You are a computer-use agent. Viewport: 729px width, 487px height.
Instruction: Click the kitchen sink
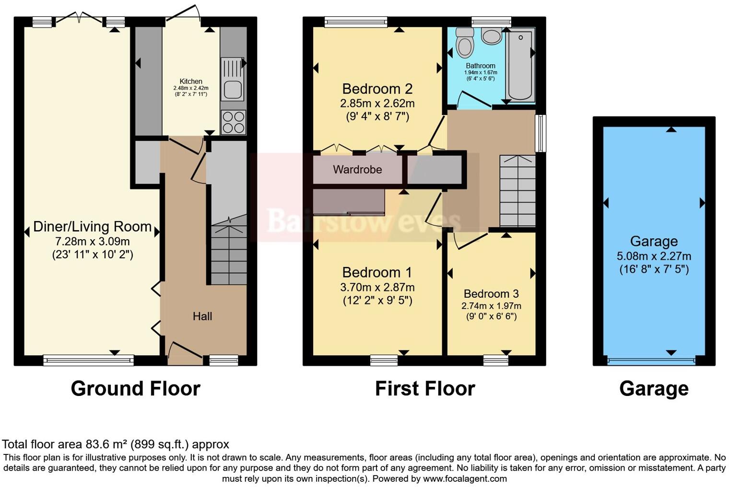pos(233,89)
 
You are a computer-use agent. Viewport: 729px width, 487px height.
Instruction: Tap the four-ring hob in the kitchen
pos(233,122)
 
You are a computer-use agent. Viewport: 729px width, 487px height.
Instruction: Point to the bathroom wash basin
pos(491,35)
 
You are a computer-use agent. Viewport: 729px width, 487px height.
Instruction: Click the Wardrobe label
pos(357,169)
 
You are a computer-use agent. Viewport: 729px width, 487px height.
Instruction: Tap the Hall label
pos(202,316)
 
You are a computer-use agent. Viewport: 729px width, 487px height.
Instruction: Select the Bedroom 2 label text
pos(377,89)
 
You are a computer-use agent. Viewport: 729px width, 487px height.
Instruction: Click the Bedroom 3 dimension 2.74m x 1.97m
pos(491,306)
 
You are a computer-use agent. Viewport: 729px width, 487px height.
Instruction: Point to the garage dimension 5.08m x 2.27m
pos(654,256)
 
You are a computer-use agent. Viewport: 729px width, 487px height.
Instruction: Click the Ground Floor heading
pos(135,388)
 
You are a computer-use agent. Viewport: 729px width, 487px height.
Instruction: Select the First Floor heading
pos(424,388)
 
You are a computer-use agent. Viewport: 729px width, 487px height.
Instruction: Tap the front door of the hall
pos(184,350)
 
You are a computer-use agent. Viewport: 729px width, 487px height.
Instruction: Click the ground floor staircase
pos(229,252)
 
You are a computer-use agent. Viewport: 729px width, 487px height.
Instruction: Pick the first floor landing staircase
pos(517,192)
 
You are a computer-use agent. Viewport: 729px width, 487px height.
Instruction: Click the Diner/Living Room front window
pos(88,359)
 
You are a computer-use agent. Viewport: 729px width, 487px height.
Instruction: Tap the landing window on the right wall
pos(541,133)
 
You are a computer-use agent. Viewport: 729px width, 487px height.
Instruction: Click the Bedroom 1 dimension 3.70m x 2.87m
pos(377,287)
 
